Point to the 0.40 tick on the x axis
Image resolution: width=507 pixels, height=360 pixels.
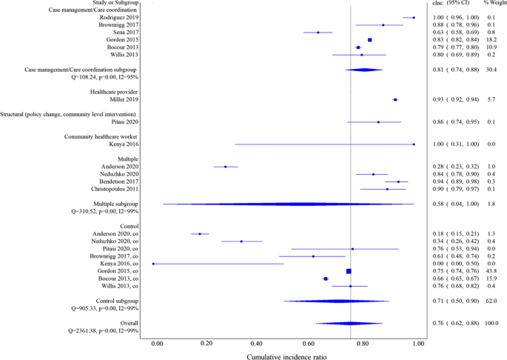[257, 343]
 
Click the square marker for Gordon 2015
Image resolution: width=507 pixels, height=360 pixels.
[370, 40]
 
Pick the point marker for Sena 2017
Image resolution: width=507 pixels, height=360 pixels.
[318, 33]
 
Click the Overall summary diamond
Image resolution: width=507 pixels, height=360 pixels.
[349, 324]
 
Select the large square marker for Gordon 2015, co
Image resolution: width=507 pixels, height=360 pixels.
[349, 271]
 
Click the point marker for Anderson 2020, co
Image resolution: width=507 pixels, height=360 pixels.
[200, 234]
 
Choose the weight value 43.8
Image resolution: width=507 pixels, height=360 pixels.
[487, 271]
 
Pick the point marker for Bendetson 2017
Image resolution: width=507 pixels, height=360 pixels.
[398, 181]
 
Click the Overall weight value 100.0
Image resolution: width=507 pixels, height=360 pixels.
[488, 324]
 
